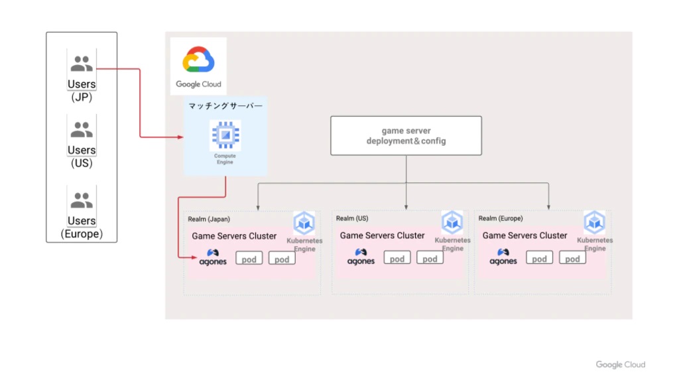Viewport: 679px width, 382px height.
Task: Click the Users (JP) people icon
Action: coord(82,64)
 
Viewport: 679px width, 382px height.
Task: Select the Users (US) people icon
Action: coord(82,129)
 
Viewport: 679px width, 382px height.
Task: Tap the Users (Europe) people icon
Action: coord(82,200)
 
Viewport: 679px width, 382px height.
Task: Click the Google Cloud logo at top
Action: coord(198,60)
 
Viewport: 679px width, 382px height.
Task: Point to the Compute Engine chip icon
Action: coord(225,136)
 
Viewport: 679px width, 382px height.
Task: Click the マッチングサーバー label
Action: coord(225,106)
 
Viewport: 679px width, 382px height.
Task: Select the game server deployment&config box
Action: coord(406,136)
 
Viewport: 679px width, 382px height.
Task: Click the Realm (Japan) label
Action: coord(209,219)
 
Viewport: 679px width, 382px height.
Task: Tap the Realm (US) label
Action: coord(352,218)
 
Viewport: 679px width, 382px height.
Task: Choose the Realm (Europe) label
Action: coord(501,218)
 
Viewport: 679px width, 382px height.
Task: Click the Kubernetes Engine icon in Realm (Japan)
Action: coord(304,223)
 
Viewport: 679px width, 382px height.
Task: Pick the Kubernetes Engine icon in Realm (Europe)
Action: coord(594,222)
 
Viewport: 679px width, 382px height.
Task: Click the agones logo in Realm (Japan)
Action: coord(213,257)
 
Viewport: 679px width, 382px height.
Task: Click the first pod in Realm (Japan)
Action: coord(249,259)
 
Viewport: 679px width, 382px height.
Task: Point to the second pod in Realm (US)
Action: coord(430,258)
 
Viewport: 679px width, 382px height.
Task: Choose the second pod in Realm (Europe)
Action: coord(572,258)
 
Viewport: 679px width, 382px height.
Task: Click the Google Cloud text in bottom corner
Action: coord(620,365)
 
